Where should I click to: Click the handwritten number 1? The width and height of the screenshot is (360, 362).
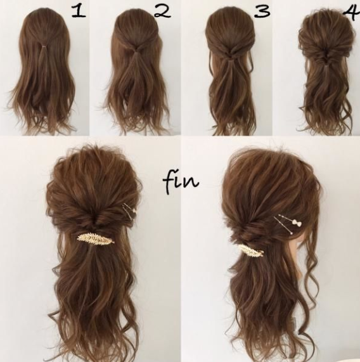pyautogui.click(x=78, y=12)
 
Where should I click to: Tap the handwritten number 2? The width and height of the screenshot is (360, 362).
pyautogui.click(x=162, y=12)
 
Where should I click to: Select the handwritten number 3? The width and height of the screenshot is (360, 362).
pyautogui.click(x=262, y=11)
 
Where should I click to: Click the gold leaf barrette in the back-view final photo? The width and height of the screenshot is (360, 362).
pyautogui.click(x=95, y=238)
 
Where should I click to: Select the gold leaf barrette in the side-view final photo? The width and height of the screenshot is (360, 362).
pyautogui.click(x=250, y=250)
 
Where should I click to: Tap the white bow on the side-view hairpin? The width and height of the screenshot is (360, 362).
pyautogui.click(x=297, y=223)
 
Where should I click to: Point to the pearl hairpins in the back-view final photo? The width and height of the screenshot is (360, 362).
pyautogui.click(x=129, y=211)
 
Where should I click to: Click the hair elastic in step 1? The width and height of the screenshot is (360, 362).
pyautogui.click(x=43, y=47)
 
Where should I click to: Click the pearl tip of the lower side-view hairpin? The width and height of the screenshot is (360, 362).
pyautogui.click(x=291, y=233)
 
